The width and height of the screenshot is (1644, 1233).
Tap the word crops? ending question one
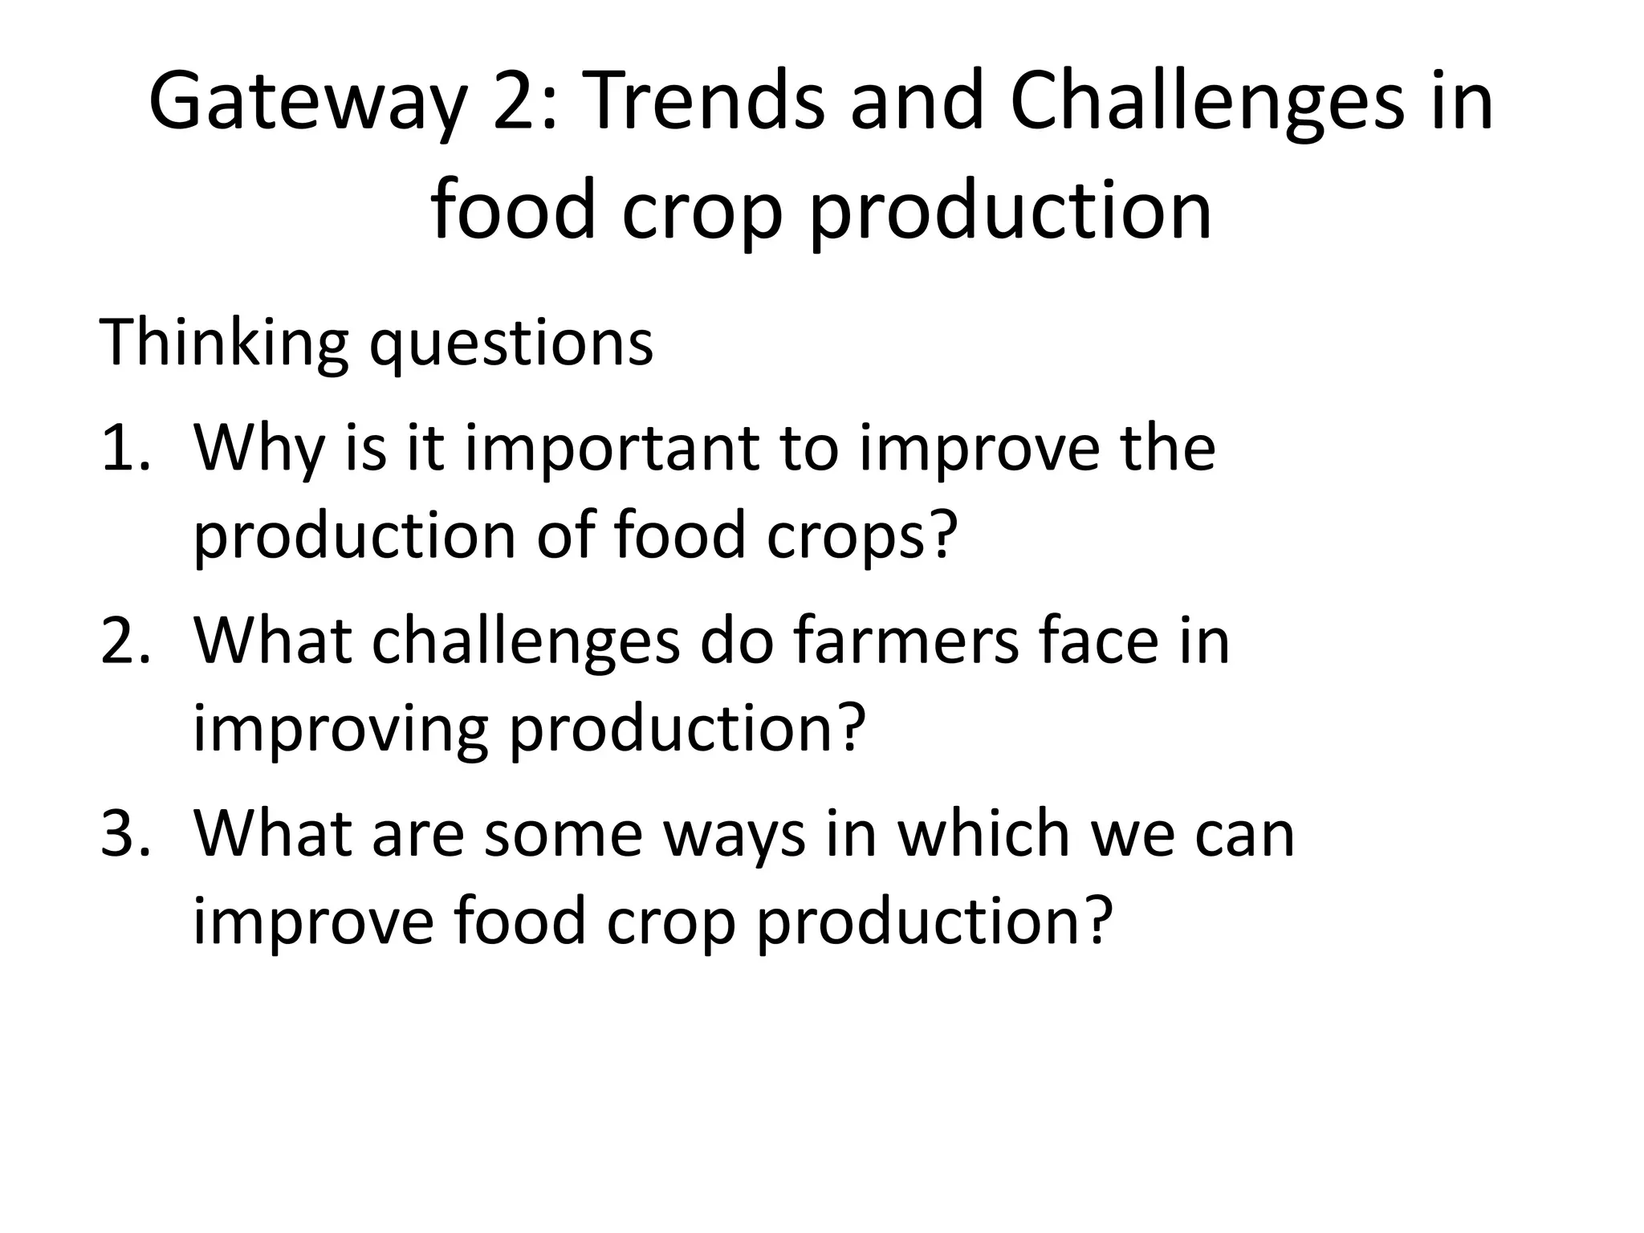tap(862, 536)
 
